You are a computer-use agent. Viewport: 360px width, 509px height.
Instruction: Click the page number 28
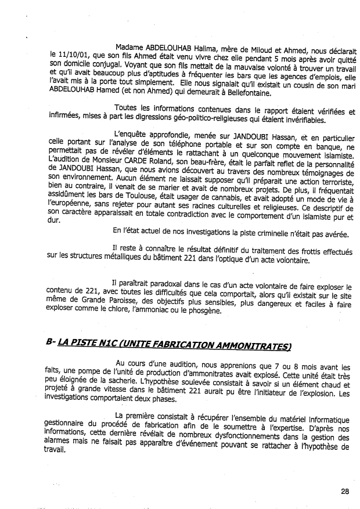point(346,492)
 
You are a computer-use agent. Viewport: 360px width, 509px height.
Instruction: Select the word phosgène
point(189,311)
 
